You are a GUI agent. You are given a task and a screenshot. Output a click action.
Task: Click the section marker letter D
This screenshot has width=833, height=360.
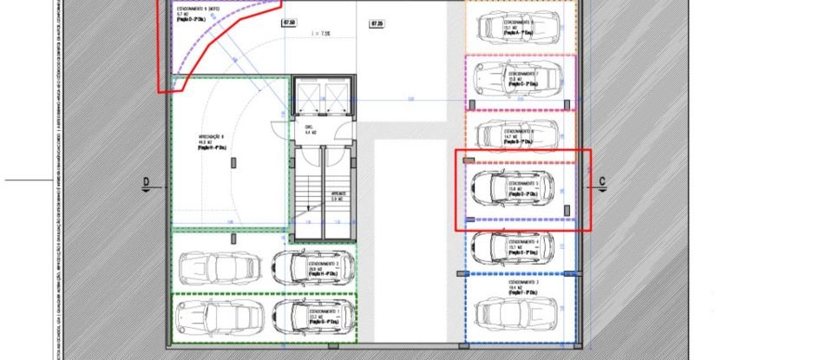(x=147, y=182)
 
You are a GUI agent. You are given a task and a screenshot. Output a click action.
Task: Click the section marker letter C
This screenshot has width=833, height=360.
(x=601, y=182)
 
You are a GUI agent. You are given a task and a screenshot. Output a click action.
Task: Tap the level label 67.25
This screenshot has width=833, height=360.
(x=377, y=23)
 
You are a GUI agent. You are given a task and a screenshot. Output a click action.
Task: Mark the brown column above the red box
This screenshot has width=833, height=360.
(x=469, y=160)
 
